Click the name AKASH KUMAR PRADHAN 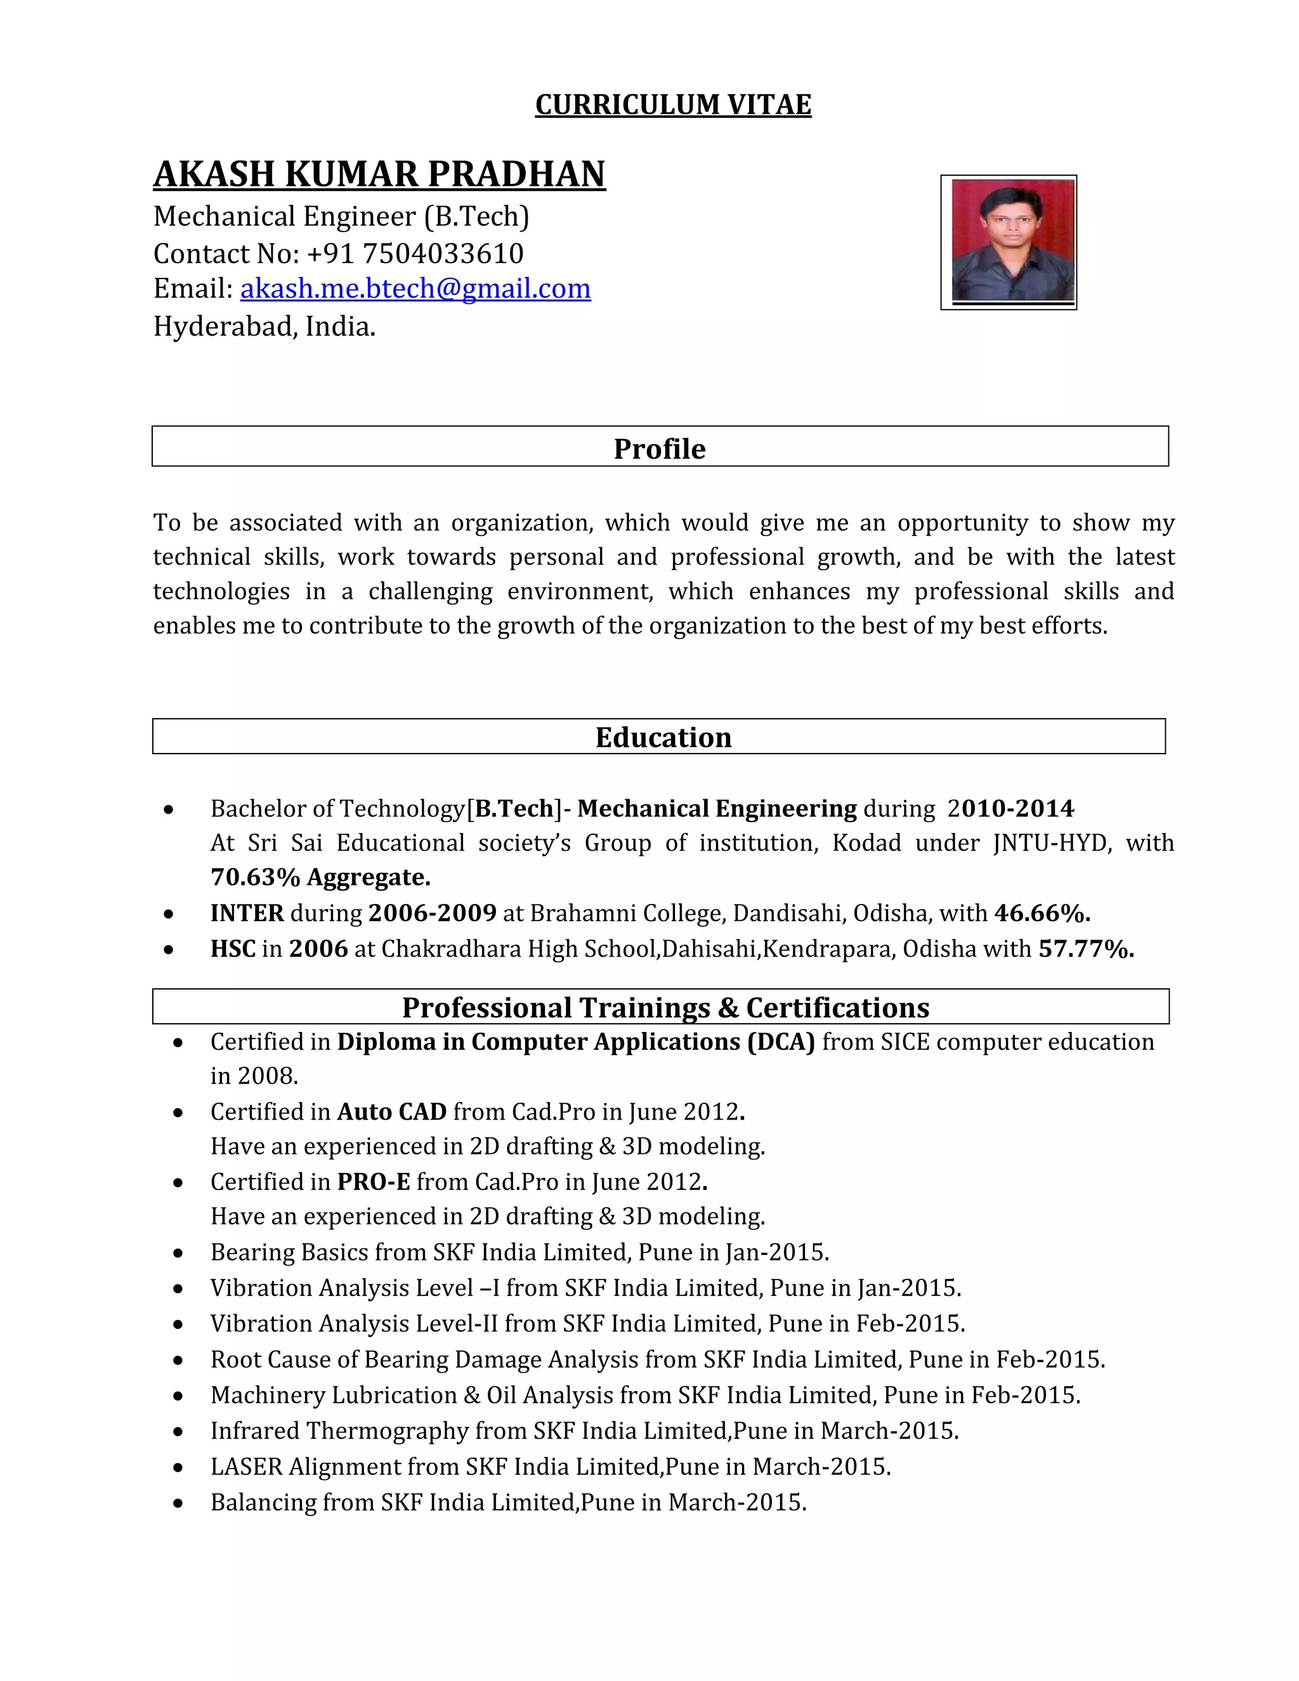click(379, 174)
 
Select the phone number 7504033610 click(443, 253)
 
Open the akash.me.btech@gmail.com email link click(415, 289)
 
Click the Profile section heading click(660, 448)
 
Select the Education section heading click(663, 737)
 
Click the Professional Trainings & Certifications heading click(665, 1007)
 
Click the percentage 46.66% click(1041, 913)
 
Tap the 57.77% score click(1085, 949)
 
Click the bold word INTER click(247, 913)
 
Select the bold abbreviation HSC click(232, 949)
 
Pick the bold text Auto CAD click(392, 1112)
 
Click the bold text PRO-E click(373, 1182)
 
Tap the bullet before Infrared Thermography click(178, 1432)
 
